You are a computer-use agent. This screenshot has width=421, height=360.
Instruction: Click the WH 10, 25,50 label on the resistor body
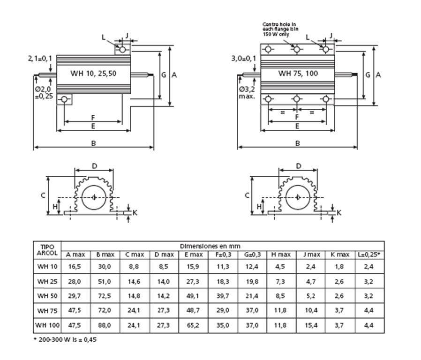pyautogui.click(x=93, y=73)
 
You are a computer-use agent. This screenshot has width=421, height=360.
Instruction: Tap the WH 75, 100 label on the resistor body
pyautogui.click(x=298, y=73)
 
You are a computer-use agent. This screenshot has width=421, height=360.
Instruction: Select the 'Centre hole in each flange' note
pyautogui.click(x=280, y=29)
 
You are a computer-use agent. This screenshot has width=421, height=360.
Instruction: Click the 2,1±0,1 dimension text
pyautogui.click(x=40, y=58)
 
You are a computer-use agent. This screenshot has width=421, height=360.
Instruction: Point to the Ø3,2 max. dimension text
pyautogui.click(x=247, y=93)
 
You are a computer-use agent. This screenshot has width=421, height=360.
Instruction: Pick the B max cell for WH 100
pyautogui.click(x=105, y=325)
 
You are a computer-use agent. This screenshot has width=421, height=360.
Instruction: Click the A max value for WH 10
pyautogui.click(x=75, y=267)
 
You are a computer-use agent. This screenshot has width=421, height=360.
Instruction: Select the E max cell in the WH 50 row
pyautogui.click(x=193, y=296)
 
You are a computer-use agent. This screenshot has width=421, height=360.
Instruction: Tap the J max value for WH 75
pyautogui.click(x=311, y=310)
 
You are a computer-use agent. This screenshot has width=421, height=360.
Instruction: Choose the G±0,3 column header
pyautogui.click(x=252, y=255)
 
